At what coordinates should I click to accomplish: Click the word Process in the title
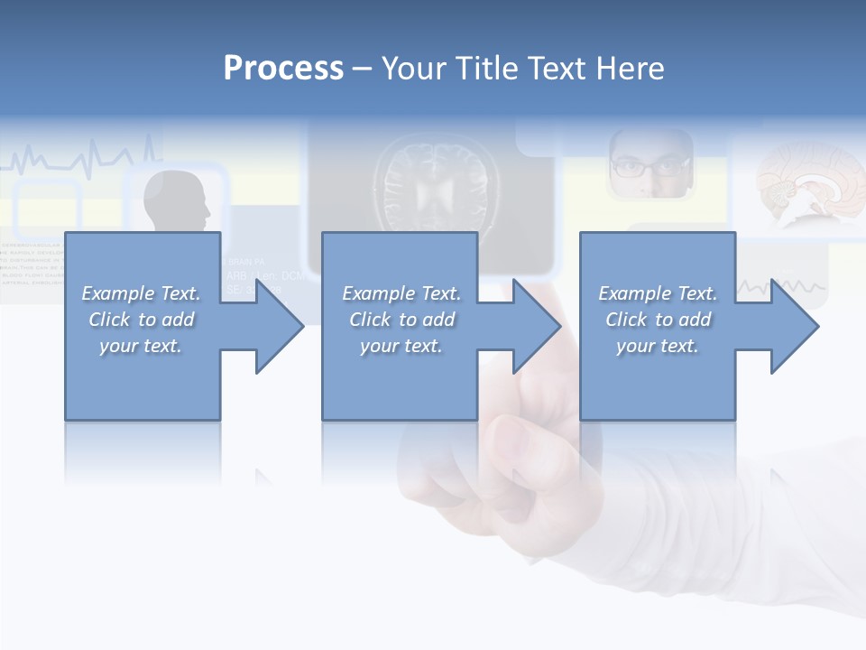[283, 69]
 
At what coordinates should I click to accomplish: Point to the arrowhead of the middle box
[541, 326]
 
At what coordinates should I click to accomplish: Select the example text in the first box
[141, 320]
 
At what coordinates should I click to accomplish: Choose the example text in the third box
[658, 320]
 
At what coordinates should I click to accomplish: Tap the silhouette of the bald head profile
[178, 200]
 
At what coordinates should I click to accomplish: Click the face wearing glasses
[650, 164]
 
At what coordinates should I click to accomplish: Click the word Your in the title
[411, 69]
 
